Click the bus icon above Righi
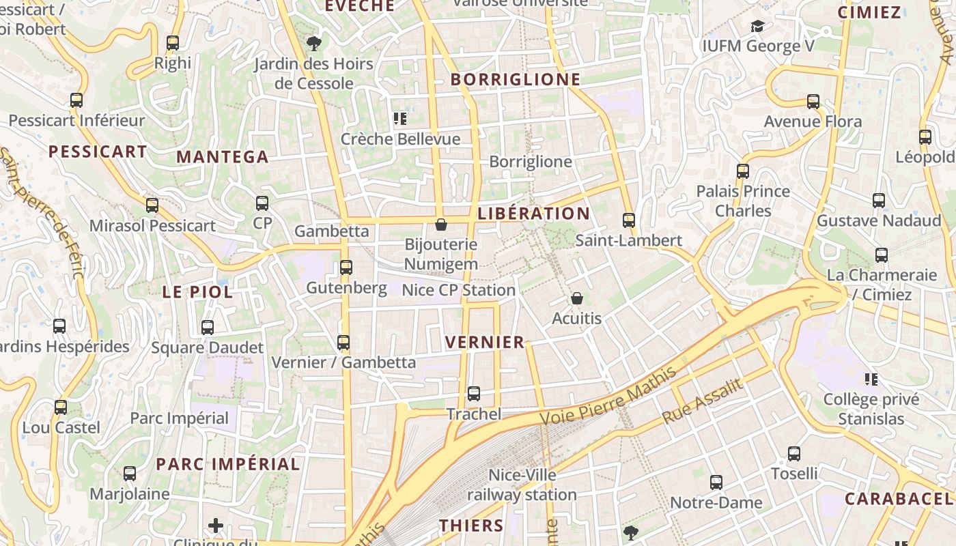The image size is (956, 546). tap(173, 43)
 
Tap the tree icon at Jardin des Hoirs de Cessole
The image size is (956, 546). tap(314, 44)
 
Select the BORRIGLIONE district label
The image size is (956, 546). tap(516, 79)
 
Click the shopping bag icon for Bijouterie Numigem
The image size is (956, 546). tap(441, 224)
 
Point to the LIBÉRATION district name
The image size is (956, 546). tap(534, 214)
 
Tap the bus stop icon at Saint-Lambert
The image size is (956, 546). tap(629, 220)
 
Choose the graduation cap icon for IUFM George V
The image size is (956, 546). tap(757, 27)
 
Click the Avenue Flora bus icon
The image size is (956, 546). tap(813, 102)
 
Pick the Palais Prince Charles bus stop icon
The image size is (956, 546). tap(743, 171)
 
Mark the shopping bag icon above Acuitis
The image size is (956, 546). tap(577, 298)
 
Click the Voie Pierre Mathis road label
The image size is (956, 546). tap(608, 396)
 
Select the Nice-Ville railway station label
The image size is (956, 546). tap(522, 485)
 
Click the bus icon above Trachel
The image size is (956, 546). tap(474, 394)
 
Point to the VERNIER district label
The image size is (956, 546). tap(485, 342)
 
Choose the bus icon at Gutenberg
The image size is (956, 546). tap(346, 268)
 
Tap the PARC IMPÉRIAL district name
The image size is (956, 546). tap(228, 464)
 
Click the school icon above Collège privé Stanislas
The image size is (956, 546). tap(871, 379)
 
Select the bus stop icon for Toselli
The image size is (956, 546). tap(794, 454)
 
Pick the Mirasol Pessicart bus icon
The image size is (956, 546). tap(152, 205)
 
